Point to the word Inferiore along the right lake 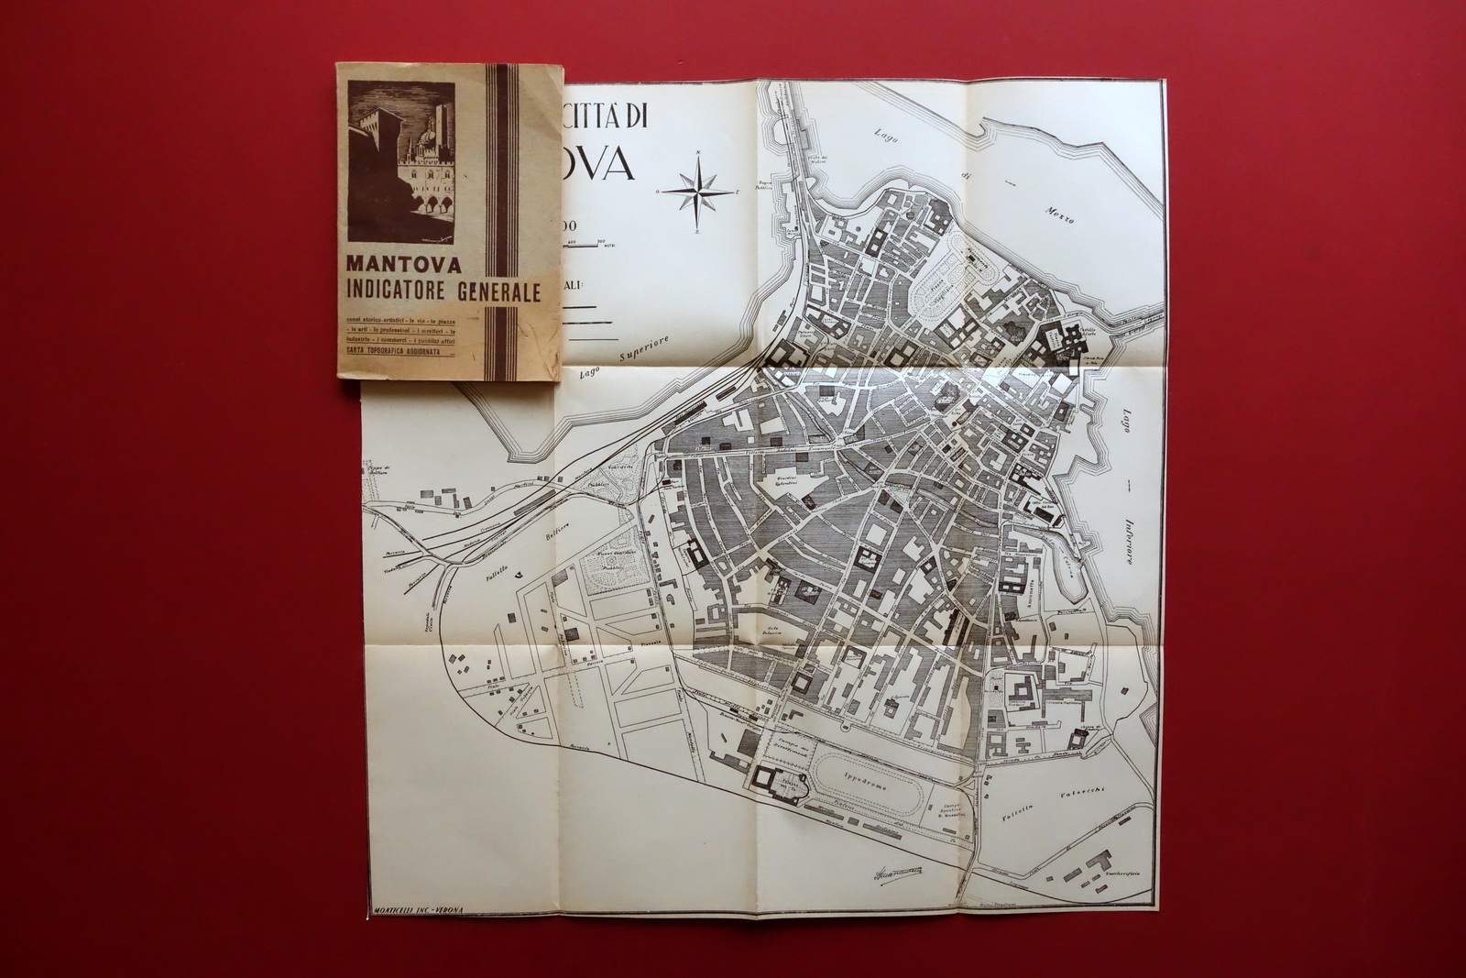click(x=1125, y=531)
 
